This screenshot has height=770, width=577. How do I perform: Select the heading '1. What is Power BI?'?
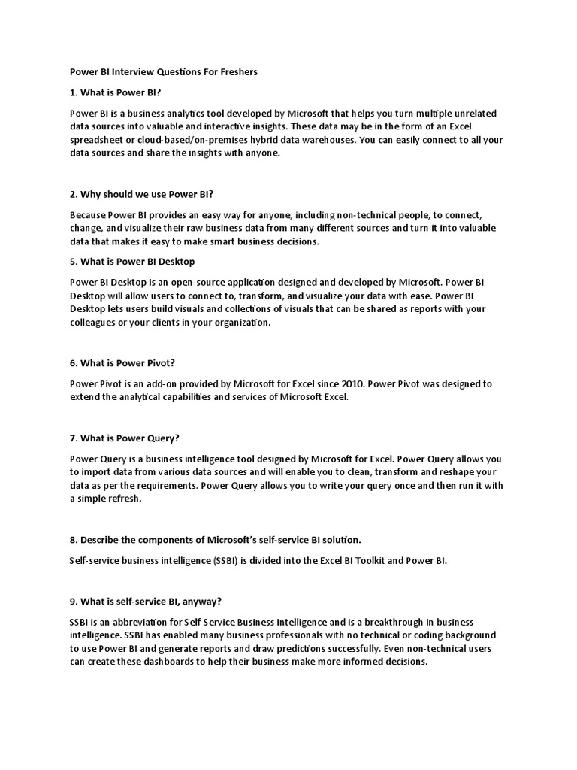(115, 92)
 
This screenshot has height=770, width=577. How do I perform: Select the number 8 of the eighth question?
(72, 539)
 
